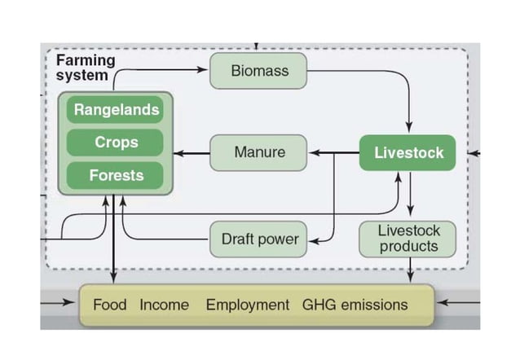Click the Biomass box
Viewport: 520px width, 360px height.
click(x=258, y=71)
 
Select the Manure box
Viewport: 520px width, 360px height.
click(x=258, y=152)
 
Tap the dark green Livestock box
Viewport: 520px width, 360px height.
click(x=408, y=152)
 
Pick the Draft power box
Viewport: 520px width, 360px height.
click(x=258, y=239)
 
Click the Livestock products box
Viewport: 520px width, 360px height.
click(x=408, y=239)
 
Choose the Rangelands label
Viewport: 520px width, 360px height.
click(x=115, y=109)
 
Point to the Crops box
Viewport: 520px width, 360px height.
click(x=115, y=143)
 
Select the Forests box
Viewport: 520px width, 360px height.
click(x=115, y=175)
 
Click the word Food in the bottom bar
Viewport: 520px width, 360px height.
click(x=109, y=305)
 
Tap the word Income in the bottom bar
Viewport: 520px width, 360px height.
click(x=164, y=305)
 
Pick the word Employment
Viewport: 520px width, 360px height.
click(x=247, y=305)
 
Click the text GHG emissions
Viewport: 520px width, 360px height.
click(x=355, y=305)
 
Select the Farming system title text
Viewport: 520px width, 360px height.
click(x=85, y=68)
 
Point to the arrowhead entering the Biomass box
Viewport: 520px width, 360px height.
click(x=204, y=71)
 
